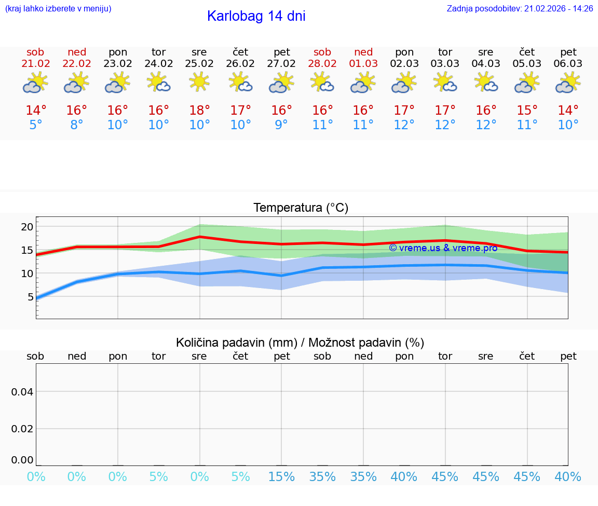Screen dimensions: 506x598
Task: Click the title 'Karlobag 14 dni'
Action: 256,16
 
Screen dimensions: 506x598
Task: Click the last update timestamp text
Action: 520,9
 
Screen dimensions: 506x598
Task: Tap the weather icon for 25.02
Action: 199,82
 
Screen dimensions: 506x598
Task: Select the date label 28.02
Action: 322,64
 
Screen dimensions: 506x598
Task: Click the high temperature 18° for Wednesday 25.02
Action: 199,111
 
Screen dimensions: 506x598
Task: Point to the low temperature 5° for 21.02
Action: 36,125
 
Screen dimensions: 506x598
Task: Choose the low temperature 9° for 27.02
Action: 281,125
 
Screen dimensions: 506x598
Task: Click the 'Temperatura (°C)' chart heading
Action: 301,208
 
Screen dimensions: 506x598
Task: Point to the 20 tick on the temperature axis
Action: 27,227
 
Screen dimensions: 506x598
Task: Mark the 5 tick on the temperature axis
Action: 30,297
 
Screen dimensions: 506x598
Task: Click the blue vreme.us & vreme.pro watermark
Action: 443,248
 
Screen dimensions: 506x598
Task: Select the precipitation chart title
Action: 300,343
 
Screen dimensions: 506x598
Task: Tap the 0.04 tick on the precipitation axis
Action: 22,392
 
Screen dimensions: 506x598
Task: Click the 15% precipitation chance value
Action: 281,477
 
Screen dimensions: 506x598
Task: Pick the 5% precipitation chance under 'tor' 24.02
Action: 158,477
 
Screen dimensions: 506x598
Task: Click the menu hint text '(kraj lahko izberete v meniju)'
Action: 58,9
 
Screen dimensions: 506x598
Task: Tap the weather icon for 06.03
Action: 568,82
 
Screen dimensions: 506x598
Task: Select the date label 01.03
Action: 363,64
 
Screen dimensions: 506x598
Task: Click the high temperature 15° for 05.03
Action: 527,111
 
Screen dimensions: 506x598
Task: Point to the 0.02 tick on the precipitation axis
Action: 22,429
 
